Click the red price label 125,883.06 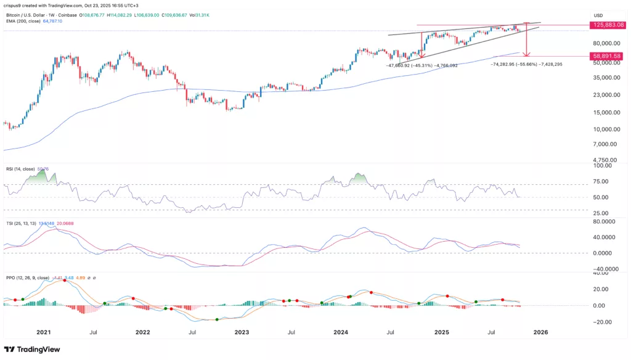[x=608, y=25]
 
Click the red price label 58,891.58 [x=608, y=56]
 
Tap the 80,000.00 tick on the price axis [x=606, y=43]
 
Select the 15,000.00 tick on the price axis [x=606, y=112]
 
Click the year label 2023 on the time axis [x=242, y=332]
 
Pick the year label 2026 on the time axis [x=540, y=332]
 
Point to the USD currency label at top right [x=597, y=15]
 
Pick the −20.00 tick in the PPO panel [x=604, y=322]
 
